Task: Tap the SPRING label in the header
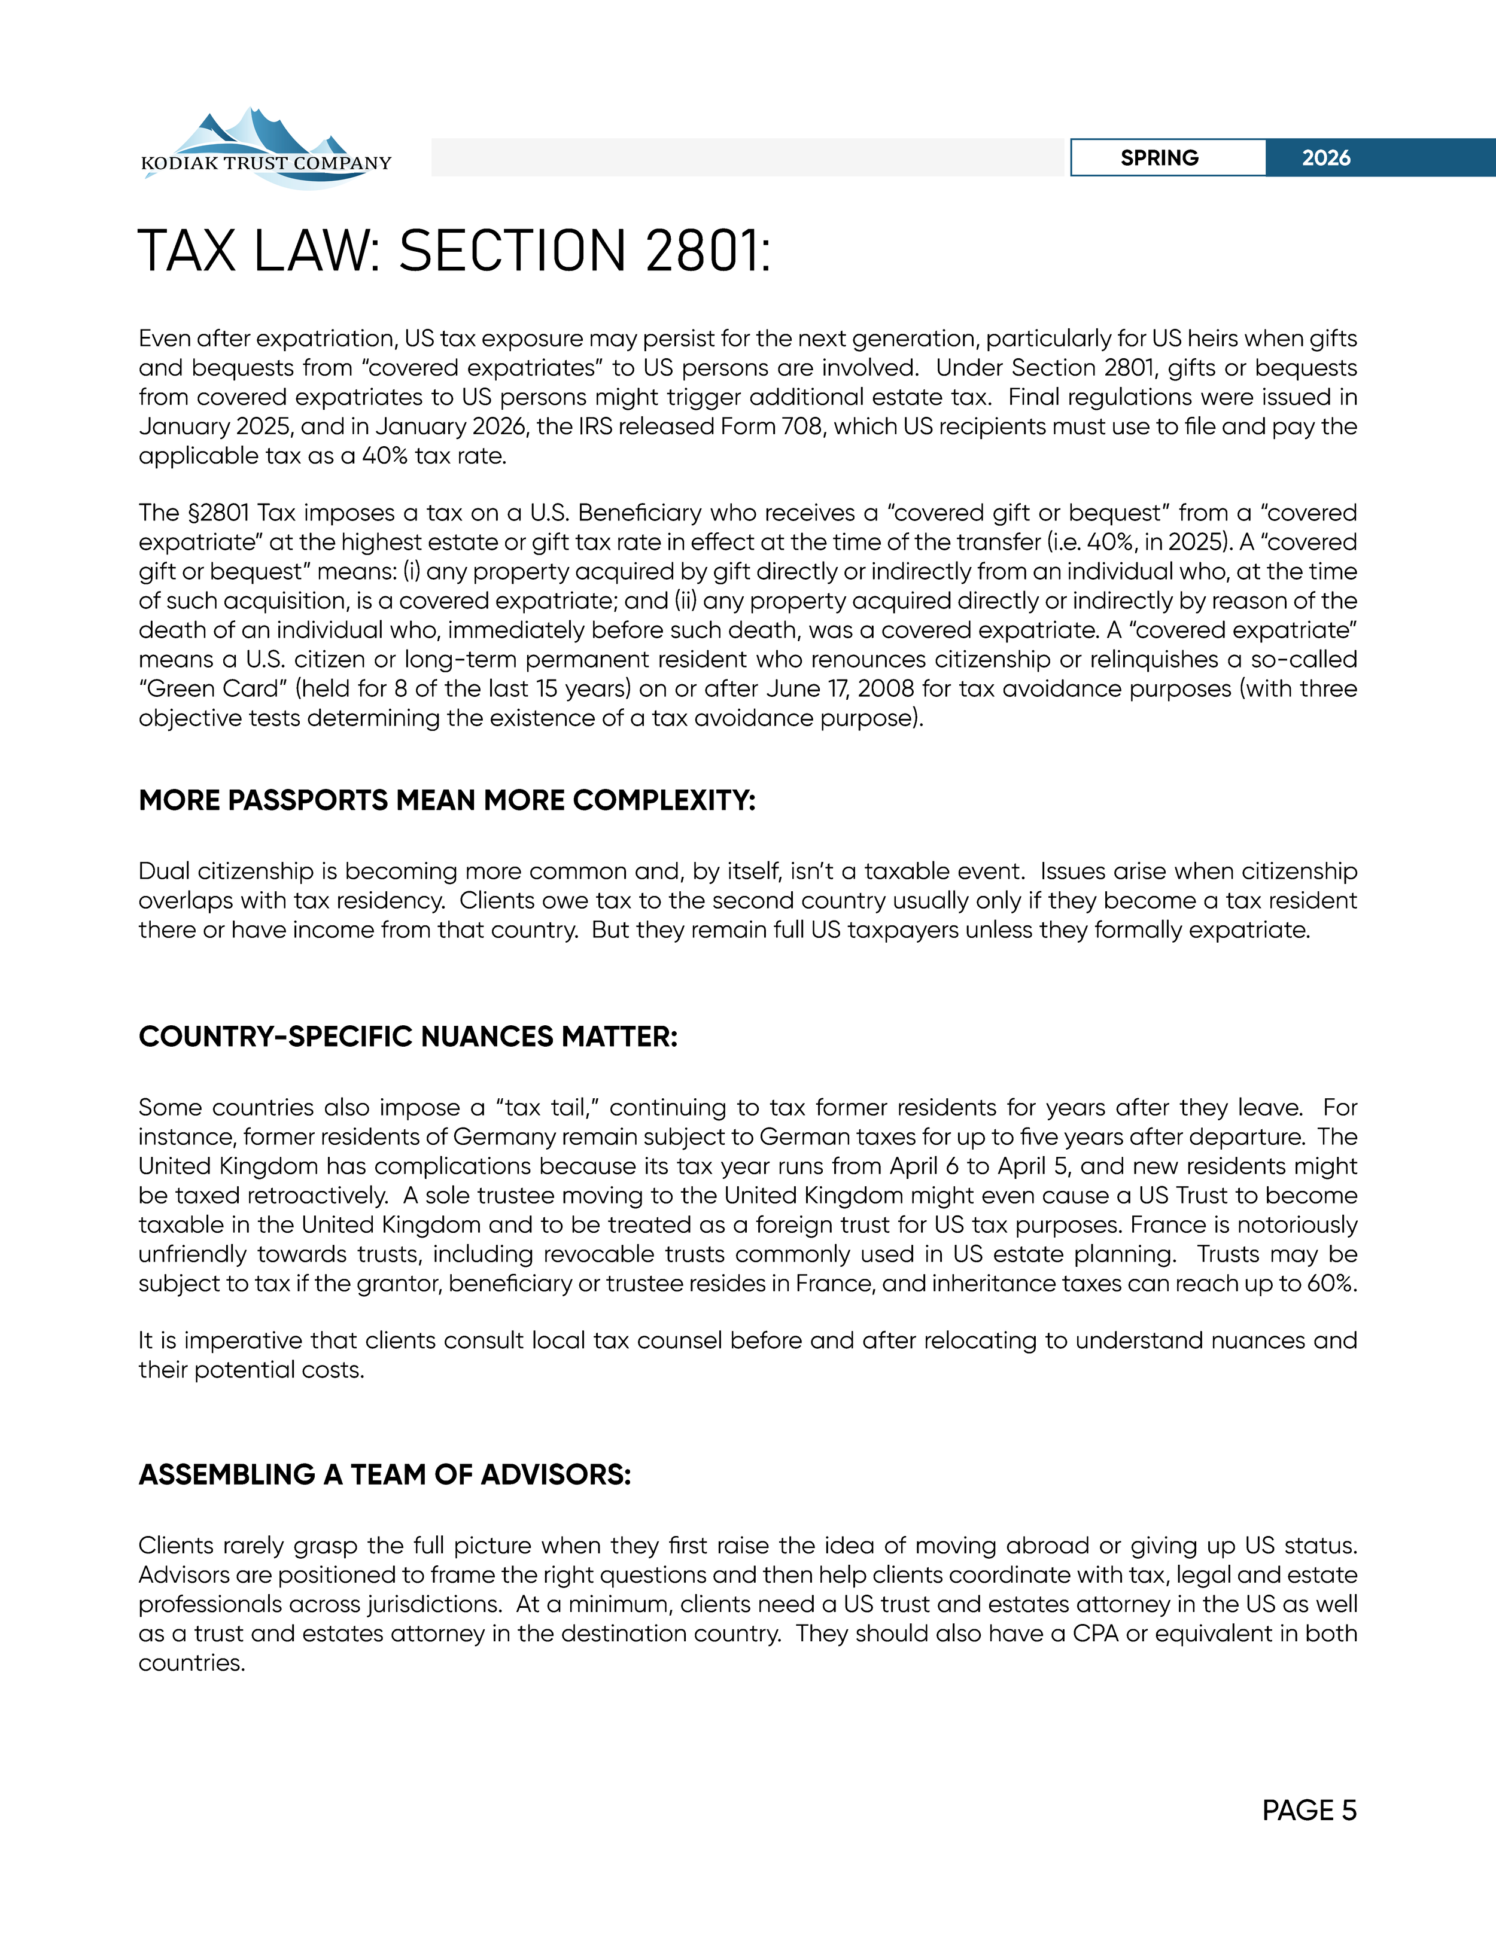(1159, 158)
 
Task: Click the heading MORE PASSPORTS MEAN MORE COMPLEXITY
(446, 800)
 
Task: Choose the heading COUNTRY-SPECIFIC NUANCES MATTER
(408, 1037)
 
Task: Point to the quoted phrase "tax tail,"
(549, 1108)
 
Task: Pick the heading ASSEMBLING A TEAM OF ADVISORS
(385, 1474)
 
